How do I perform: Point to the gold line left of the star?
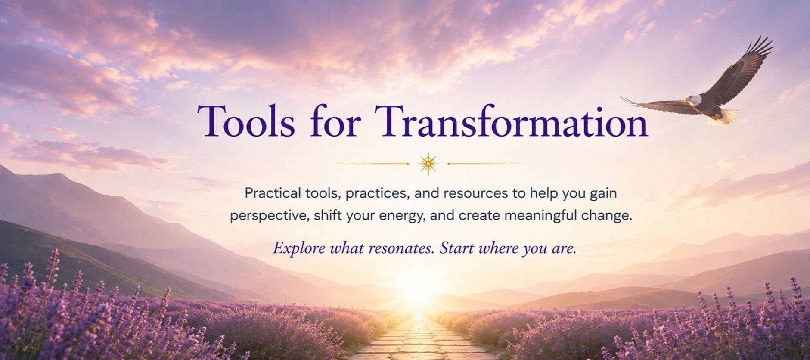pos(372,164)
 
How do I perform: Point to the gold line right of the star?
pos(484,164)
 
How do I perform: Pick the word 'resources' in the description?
pos(475,193)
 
